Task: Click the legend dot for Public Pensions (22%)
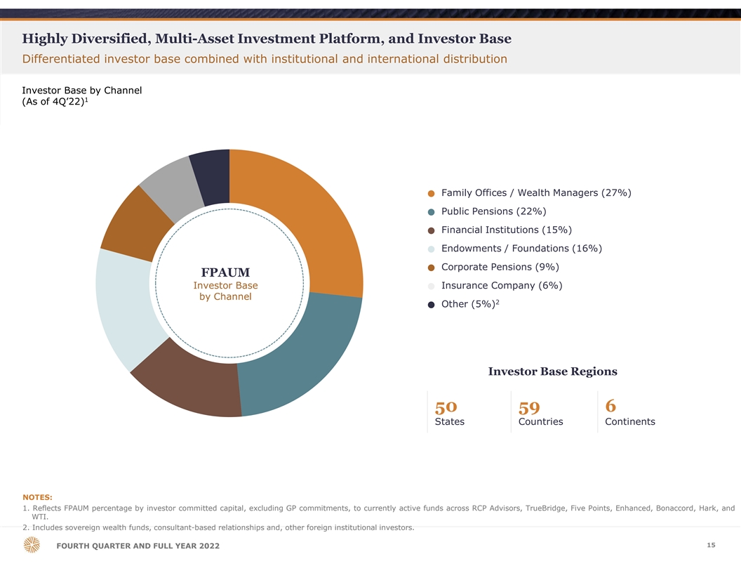(x=432, y=212)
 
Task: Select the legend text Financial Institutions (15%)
(x=506, y=230)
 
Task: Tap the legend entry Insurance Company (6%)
(x=501, y=285)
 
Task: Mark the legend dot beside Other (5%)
(x=432, y=305)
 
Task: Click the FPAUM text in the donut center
(x=225, y=272)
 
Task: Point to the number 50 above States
(x=446, y=407)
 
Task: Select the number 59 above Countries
(x=529, y=407)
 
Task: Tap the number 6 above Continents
(x=610, y=406)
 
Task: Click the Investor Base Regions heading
(x=552, y=371)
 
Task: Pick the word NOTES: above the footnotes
(x=37, y=497)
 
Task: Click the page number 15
(x=711, y=546)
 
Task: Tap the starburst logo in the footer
(x=32, y=545)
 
